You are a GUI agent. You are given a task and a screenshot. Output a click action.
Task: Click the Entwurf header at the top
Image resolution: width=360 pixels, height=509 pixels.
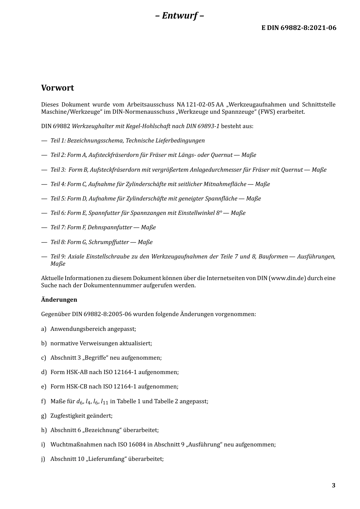pyautogui.click(x=180, y=16)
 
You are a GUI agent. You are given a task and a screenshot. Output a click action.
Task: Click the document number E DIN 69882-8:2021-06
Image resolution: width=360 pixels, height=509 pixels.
pyautogui.click(x=299, y=28)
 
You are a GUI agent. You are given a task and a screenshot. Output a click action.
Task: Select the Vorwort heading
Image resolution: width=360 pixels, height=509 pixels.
pyautogui.click(x=58, y=88)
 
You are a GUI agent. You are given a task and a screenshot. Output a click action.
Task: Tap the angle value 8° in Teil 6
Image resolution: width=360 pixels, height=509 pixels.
pyautogui.click(x=219, y=213)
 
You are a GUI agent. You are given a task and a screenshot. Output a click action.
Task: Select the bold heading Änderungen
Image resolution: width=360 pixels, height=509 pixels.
pyautogui.click(x=59, y=300)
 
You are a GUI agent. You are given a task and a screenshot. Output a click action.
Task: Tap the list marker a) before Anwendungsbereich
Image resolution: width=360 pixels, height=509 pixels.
pyautogui.click(x=44, y=329)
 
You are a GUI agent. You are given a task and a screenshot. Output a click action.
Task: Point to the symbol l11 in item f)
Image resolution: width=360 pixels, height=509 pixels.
pyautogui.click(x=105, y=402)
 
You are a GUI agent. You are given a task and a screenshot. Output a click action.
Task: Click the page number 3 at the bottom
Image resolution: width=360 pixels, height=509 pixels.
pyautogui.click(x=333, y=486)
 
